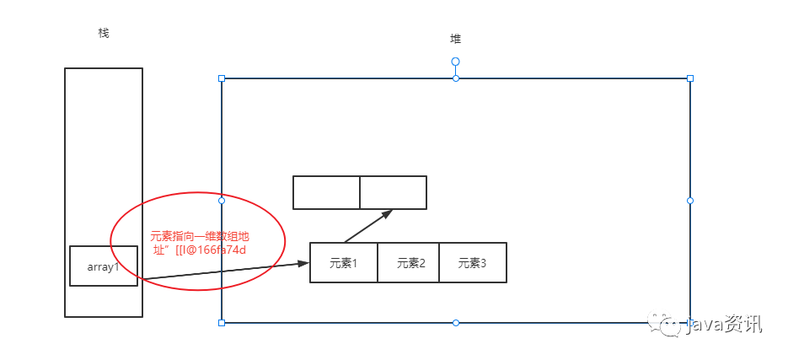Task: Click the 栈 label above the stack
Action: (x=104, y=33)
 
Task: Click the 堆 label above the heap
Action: (x=456, y=39)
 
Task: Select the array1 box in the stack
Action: (x=104, y=266)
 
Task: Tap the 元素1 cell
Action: (x=344, y=263)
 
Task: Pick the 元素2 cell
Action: (x=409, y=263)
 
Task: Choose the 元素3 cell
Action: (x=472, y=263)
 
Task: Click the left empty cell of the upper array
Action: (x=326, y=192)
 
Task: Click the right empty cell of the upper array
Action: (x=393, y=192)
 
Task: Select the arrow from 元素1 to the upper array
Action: (x=368, y=226)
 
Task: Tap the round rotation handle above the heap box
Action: (x=456, y=62)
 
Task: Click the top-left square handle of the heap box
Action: (x=222, y=78)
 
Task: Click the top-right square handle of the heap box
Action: (x=690, y=78)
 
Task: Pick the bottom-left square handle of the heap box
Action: (x=222, y=322)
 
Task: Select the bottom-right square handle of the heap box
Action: (x=690, y=322)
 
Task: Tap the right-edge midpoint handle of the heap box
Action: (x=690, y=201)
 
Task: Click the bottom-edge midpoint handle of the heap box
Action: (x=456, y=322)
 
